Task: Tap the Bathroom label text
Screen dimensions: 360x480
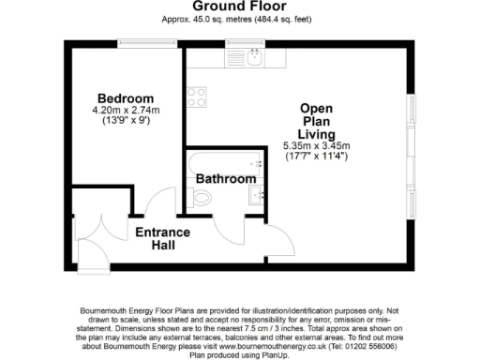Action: coord(225,178)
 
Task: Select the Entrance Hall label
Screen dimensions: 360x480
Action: coord(162,238)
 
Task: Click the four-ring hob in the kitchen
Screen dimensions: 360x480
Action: coord(197,97)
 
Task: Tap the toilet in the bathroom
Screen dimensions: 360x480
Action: coord(197,197)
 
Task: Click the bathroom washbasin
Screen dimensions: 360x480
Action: coord(254,196)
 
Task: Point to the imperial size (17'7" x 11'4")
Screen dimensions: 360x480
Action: coord(316,157)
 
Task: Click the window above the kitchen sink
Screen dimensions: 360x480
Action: coord(240,41)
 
